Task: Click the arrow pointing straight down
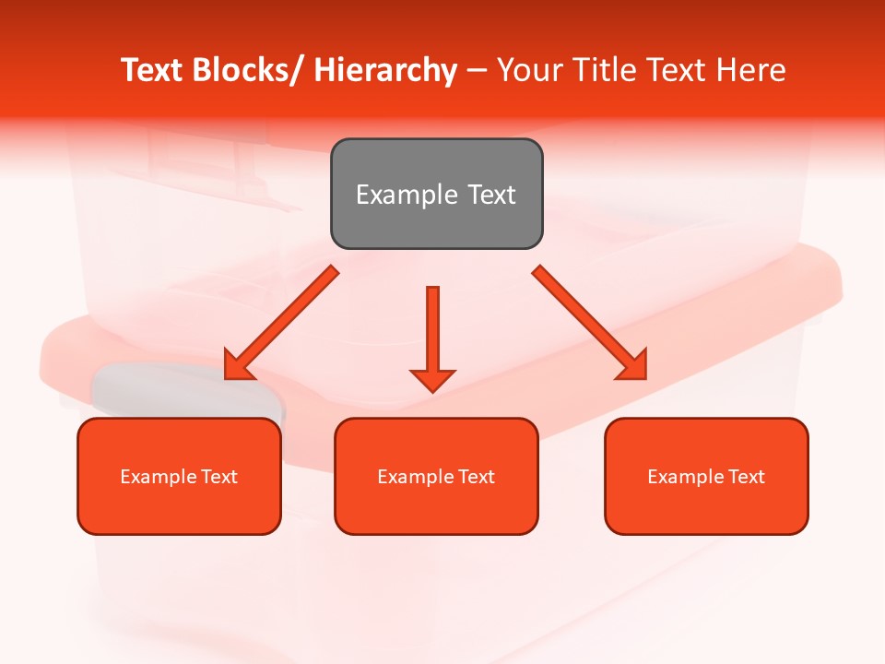click(x=432, y=332)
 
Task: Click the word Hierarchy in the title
click(x=385, y=70)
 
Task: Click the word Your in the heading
click(x=528, y=70)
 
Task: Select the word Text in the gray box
click(x=491, y=195)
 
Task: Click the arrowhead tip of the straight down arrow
click(x=432, y=391)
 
